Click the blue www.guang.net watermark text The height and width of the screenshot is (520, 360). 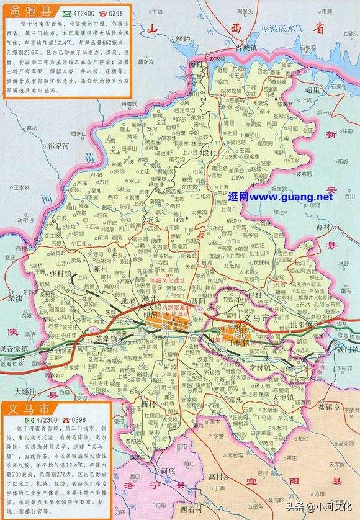point(281,197)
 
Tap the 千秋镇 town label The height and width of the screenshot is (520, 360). point(238,342)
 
